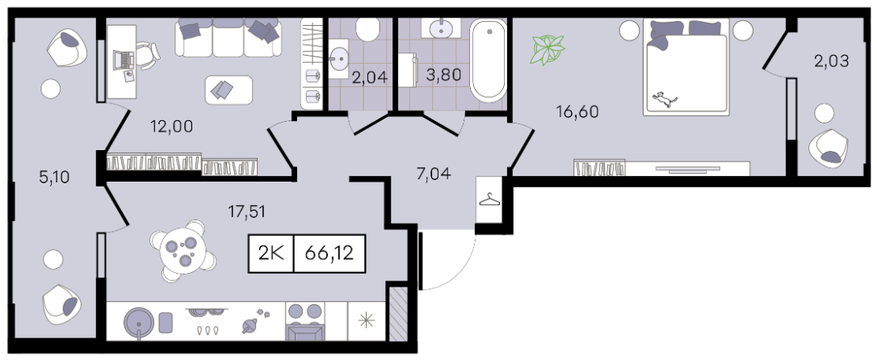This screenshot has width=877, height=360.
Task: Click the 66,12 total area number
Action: tap(329, 253)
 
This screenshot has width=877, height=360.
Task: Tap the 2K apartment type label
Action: tap(271, 253)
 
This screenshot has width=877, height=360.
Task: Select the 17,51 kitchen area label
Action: tap(246, 211)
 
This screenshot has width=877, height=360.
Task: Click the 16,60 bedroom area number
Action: tap(577, 112)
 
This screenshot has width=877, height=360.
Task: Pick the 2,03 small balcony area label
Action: tap(831, 61)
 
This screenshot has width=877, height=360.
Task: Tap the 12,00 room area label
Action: tap(171, 127)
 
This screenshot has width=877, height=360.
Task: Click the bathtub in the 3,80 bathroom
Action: tap(489, 60)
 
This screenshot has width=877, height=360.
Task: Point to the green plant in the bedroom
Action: tap(548, 50)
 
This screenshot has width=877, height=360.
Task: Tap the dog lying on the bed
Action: tap(665, 100)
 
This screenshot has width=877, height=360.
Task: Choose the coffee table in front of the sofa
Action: tap(229, 90)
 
